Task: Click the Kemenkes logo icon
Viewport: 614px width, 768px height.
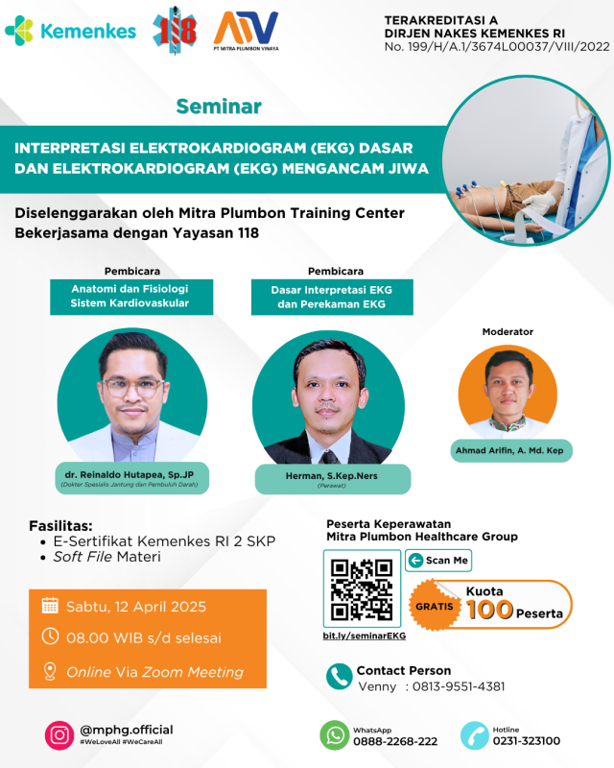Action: (19, 31)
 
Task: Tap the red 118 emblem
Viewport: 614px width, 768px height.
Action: (175, 31)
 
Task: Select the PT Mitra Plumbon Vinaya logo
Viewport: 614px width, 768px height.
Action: (247, 31)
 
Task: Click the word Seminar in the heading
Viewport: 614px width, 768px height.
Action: (219, 107)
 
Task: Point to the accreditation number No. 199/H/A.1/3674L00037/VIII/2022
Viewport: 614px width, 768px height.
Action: (497, 46)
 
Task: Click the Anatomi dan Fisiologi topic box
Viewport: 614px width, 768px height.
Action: (131, 297)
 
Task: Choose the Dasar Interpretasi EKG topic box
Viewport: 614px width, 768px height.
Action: (332, 297)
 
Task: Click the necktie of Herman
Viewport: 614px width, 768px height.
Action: (329, 457)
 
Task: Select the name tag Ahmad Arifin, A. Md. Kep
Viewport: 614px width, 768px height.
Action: (511, 450)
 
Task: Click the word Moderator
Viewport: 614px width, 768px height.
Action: (508, 331)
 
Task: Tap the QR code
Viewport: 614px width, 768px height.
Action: (362, 588)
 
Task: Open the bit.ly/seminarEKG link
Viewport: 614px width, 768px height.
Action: (365, 636)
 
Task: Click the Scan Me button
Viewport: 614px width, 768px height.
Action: (438, 561)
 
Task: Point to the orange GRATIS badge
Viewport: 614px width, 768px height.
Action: (434, 606)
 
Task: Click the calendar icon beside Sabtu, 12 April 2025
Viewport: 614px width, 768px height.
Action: (50, 606)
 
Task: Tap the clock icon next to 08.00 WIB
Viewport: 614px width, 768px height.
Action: (50, 636)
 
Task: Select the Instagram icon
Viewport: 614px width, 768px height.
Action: (59, 735)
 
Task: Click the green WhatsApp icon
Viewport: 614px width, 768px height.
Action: (335, 735)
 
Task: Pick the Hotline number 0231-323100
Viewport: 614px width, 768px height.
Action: (527, 741)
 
